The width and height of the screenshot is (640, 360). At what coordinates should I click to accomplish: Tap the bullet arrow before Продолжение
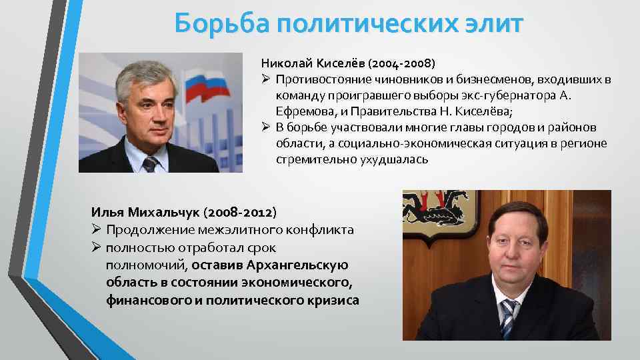click(96, 229)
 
